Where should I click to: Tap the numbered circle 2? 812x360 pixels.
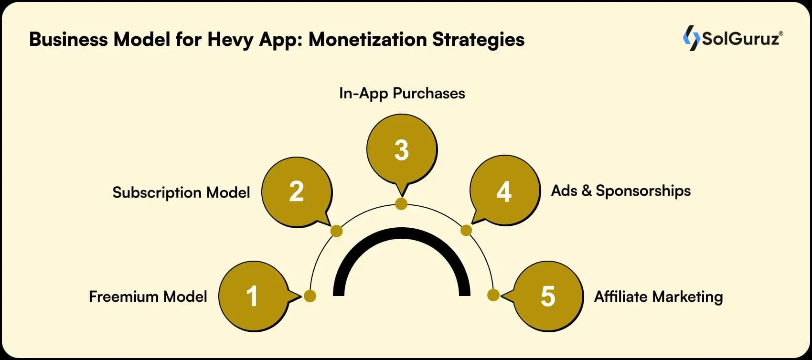pos(297,192)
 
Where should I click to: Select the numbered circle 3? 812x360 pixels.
pos(402,149)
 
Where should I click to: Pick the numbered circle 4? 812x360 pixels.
pos(504,191)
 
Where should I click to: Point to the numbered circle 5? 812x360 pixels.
pos(548,296)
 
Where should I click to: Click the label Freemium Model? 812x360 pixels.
pos(148,296)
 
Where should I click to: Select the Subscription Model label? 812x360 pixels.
pos(181,192)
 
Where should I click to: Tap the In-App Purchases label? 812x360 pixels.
pos(402,93)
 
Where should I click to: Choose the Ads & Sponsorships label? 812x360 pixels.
pos(621,191)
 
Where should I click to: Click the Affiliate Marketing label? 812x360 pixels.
pos(658,296)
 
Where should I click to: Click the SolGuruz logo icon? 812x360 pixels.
pos(691,38)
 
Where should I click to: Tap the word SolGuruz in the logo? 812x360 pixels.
pos(740,39)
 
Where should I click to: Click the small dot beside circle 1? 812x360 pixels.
pos(310,296)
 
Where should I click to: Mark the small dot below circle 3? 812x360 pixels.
pos(401,204)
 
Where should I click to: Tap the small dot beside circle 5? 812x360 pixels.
pos(493,295)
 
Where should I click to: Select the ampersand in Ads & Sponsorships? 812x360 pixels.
pos(587,191)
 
